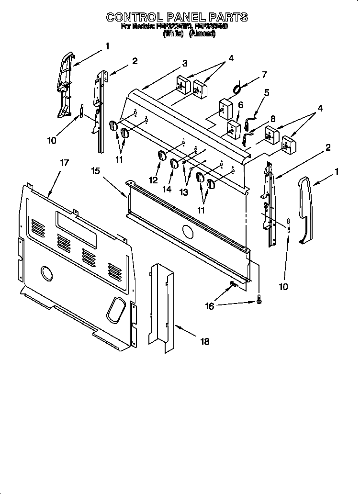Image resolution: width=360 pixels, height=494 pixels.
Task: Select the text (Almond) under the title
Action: point(202,34)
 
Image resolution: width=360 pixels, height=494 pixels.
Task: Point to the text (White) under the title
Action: point(173,34)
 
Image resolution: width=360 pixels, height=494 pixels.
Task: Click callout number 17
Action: point(64,163)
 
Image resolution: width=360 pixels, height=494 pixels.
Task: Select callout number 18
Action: point(204,341)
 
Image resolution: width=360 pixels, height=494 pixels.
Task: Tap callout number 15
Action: point(96,171)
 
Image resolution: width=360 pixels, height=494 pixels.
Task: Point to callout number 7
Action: point(264,75)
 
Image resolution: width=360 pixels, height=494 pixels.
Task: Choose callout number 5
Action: point(267,92)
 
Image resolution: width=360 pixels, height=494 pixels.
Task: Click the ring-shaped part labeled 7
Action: point(236,88)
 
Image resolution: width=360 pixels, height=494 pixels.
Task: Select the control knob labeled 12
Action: point(161,156)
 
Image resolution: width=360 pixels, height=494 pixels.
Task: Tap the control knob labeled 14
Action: point(174,164)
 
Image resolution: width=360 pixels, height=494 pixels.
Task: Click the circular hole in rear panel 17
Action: point(47,273)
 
